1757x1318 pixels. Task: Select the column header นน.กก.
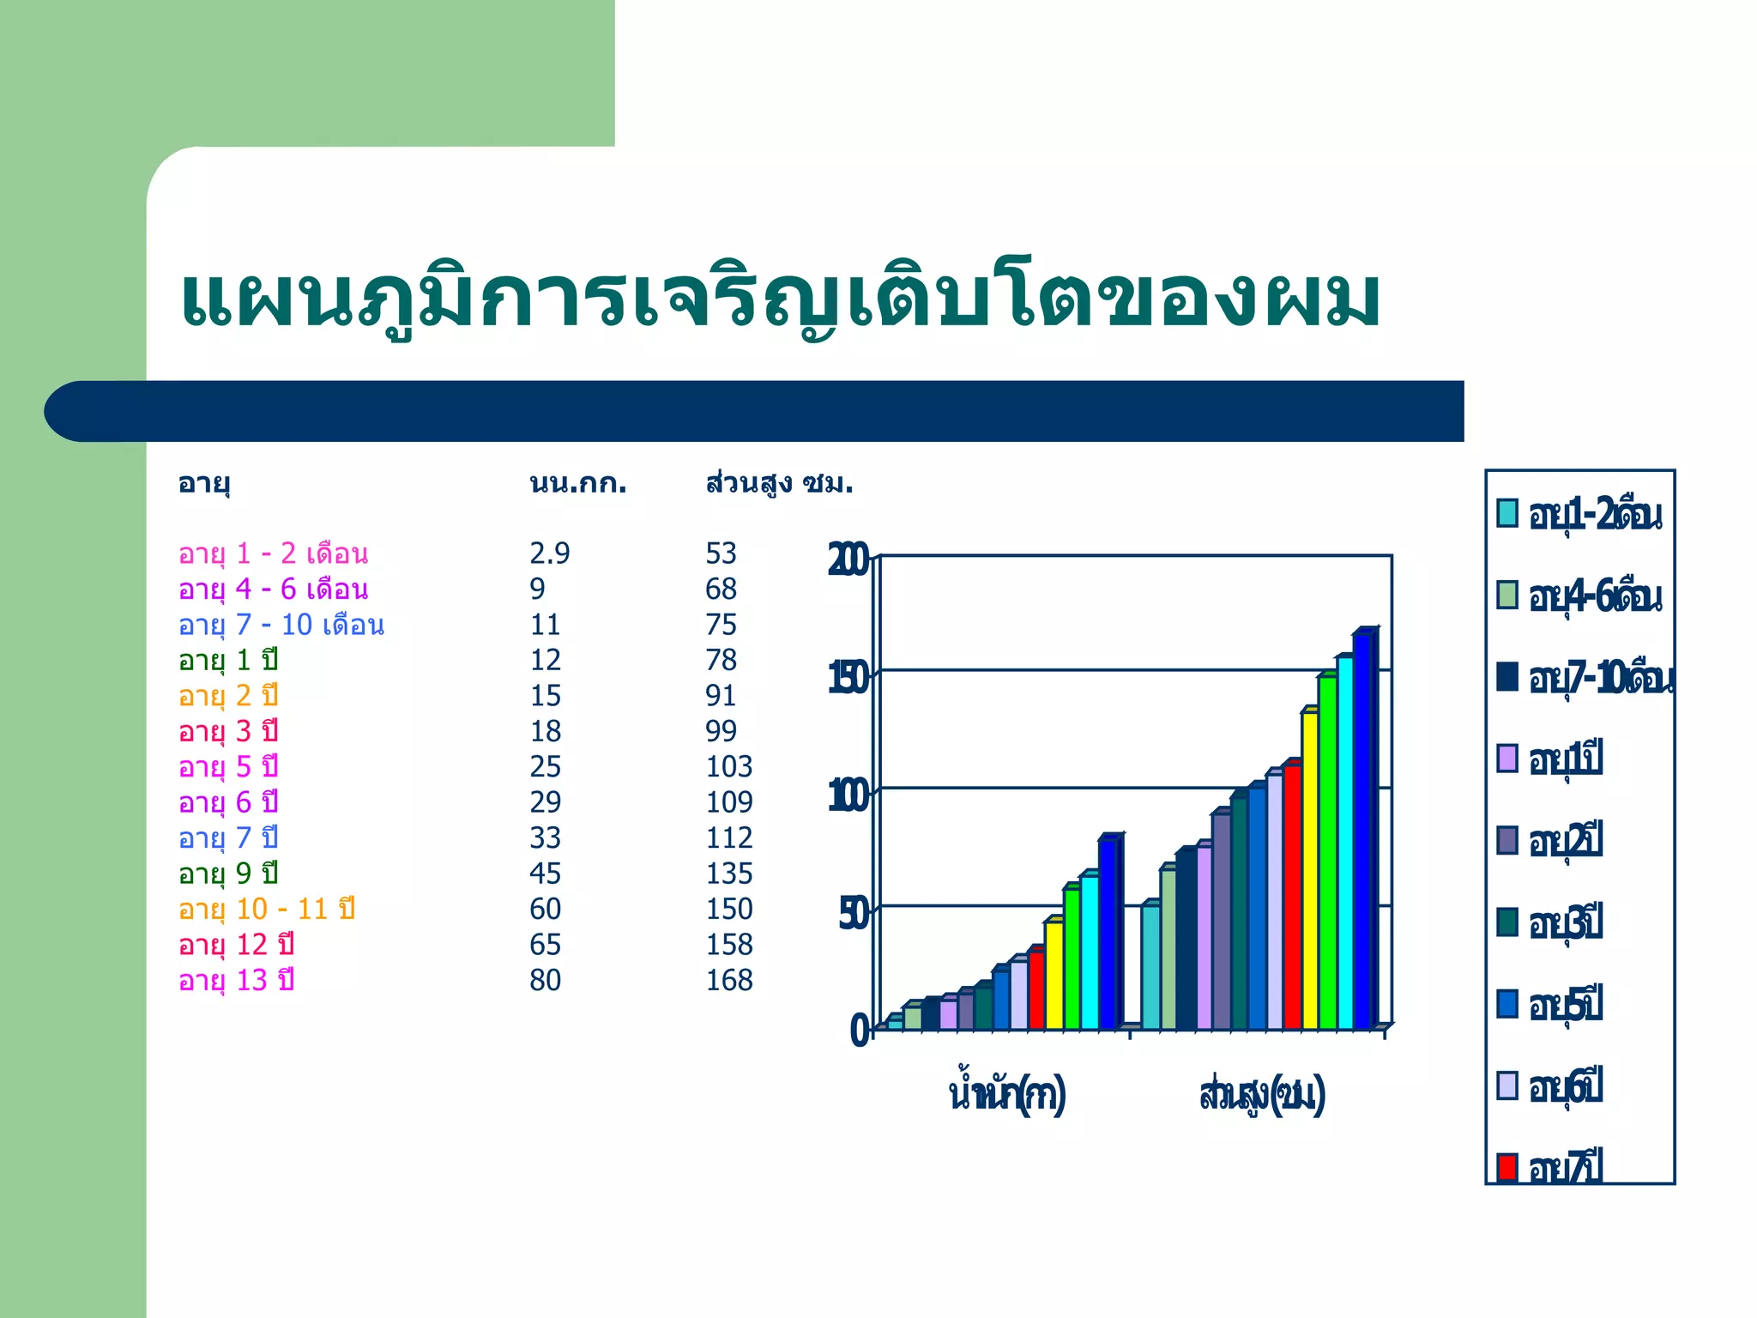coord(577,484)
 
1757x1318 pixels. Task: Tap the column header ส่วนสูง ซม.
coord(779,484)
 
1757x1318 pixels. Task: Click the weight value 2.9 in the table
coord(549,553)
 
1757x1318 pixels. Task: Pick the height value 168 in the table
coord(728,980)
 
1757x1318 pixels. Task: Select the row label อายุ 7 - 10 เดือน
coord(281,625)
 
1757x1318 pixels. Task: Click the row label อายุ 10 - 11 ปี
coord(266,909)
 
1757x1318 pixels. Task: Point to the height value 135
coord(728,874)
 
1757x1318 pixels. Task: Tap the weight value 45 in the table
coord(545,874)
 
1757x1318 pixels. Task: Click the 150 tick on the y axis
coord(848,679)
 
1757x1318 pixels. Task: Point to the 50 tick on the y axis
coord(854,915)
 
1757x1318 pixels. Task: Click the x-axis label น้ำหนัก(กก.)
coord(1006,1095)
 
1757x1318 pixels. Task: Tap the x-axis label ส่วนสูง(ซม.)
coord(1261,1095)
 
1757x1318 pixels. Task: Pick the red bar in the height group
coord(1291,897)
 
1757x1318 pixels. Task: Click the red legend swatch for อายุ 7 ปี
coord(1506,1167)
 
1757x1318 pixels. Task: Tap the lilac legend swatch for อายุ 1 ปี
coord(1506,759)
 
